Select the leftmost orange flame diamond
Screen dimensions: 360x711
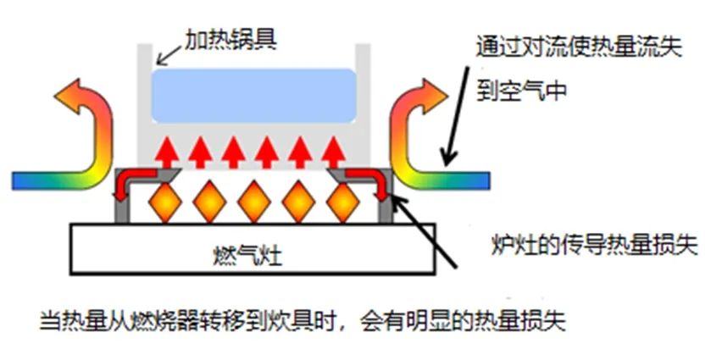coord(163,203)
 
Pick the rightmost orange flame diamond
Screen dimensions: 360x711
coord(344,203)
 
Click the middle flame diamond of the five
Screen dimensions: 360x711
coord(253,203)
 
